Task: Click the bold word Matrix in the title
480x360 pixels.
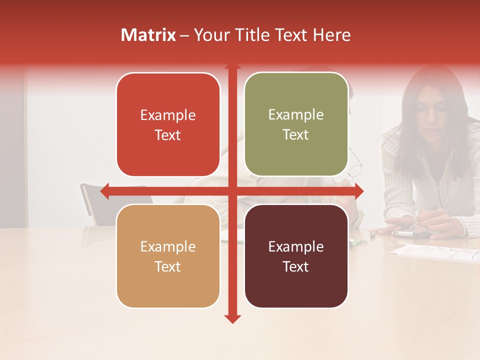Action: (x=148, y=35)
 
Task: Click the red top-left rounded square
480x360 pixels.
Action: (x=168, y=124)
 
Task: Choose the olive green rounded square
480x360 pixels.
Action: (x=296, y=124)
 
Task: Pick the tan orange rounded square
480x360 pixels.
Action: (x=168, y=256)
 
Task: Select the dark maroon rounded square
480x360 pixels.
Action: (x=296, y=256)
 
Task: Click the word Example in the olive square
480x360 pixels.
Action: (x=296, y=115)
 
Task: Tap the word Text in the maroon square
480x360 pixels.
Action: (x=296, y=266)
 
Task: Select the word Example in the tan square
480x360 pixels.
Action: (x=168, y=246)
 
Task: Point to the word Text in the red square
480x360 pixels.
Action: (x=168, y=135)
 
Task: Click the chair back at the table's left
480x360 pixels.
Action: (x=90, y=200)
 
